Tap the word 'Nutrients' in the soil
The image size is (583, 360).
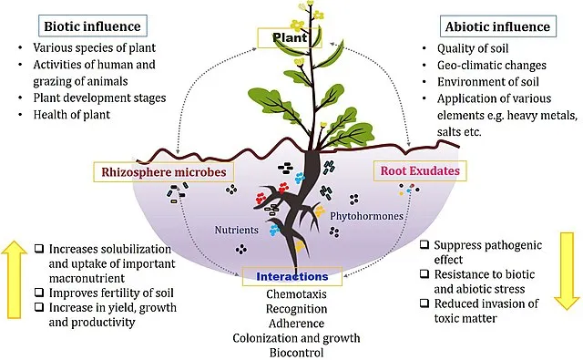(x=237, y=231)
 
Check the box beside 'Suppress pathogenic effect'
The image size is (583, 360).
(x=425, y=245)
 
